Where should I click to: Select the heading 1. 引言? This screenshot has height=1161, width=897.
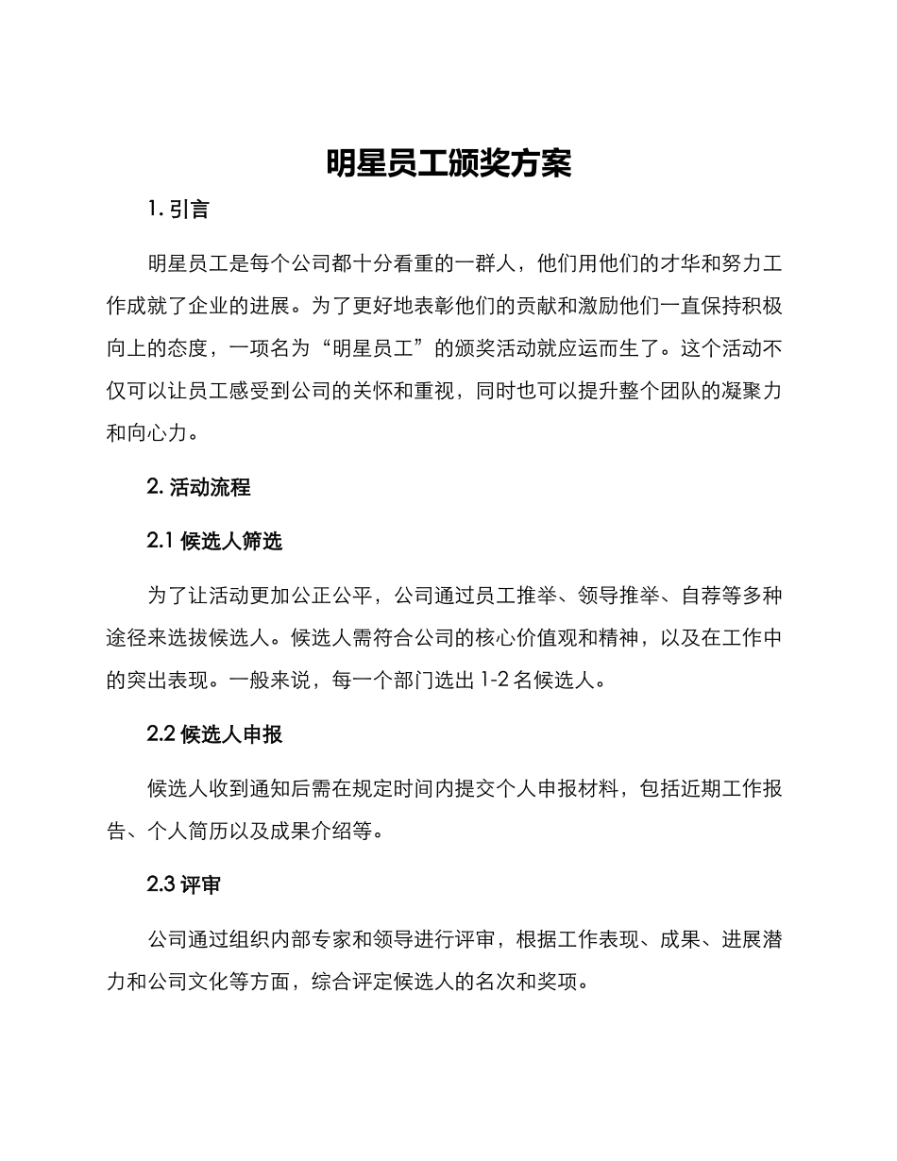178,210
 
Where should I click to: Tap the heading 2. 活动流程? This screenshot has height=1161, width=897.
199,488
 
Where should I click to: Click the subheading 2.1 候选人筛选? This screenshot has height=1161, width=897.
215,541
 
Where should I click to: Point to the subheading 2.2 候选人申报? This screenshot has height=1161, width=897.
215,733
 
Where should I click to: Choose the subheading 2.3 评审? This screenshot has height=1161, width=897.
184,884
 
